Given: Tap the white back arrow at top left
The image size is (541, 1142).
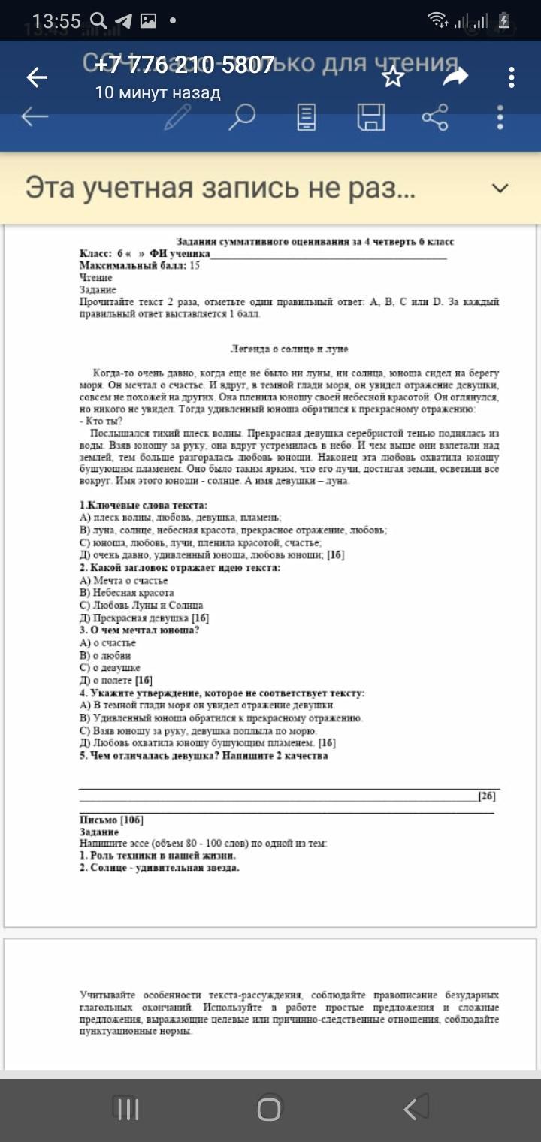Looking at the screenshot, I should [36, 77].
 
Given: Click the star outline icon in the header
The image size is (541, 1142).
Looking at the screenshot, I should [393, 77].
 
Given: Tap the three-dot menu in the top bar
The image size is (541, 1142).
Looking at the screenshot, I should [511, 77].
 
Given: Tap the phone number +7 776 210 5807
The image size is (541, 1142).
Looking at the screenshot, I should [185, 65].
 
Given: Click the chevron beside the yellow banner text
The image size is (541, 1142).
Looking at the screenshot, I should [500, 188].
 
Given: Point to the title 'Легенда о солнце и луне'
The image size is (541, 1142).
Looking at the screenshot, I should [289, 349].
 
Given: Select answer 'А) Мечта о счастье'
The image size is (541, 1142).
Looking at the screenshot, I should [123, 580].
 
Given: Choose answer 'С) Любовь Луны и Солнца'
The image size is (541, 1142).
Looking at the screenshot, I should [141, 605].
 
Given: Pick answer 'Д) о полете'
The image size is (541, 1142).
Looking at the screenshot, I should [116, 680].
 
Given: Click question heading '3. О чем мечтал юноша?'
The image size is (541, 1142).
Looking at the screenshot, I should [139, 630].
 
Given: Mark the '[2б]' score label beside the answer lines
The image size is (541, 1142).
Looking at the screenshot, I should [486, 796].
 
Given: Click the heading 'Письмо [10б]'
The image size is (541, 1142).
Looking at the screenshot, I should [111, 820].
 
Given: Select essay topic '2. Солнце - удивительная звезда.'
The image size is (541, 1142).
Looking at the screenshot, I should [159, 868].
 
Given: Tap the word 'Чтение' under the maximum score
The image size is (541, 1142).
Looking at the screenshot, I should [96, 278].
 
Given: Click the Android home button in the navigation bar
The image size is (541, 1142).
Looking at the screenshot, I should [269, 1110].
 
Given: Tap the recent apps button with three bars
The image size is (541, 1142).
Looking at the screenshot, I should [127, 1110].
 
